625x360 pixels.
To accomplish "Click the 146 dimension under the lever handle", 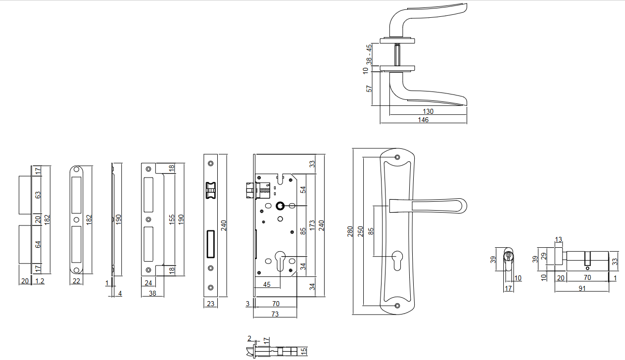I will (423, 120).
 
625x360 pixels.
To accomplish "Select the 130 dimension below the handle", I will (428, 112).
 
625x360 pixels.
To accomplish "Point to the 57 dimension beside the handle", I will (369, 89).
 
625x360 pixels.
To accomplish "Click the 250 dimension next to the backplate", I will (361, 231).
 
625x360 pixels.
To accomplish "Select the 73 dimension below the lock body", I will (275, 314).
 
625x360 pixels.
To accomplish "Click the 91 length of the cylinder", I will (582, 288).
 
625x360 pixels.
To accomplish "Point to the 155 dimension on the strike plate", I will (172, 219).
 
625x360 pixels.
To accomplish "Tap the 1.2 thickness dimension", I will (40, 281).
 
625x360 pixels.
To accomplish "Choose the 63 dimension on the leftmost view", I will (38, 195).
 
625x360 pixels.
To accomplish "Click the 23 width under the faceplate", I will (211, 304).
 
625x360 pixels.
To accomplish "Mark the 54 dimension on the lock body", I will (303, 189).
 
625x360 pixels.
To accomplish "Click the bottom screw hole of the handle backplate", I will (397, 305).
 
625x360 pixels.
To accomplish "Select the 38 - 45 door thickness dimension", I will (369, 54).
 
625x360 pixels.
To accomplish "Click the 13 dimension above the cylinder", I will (559, 240).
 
